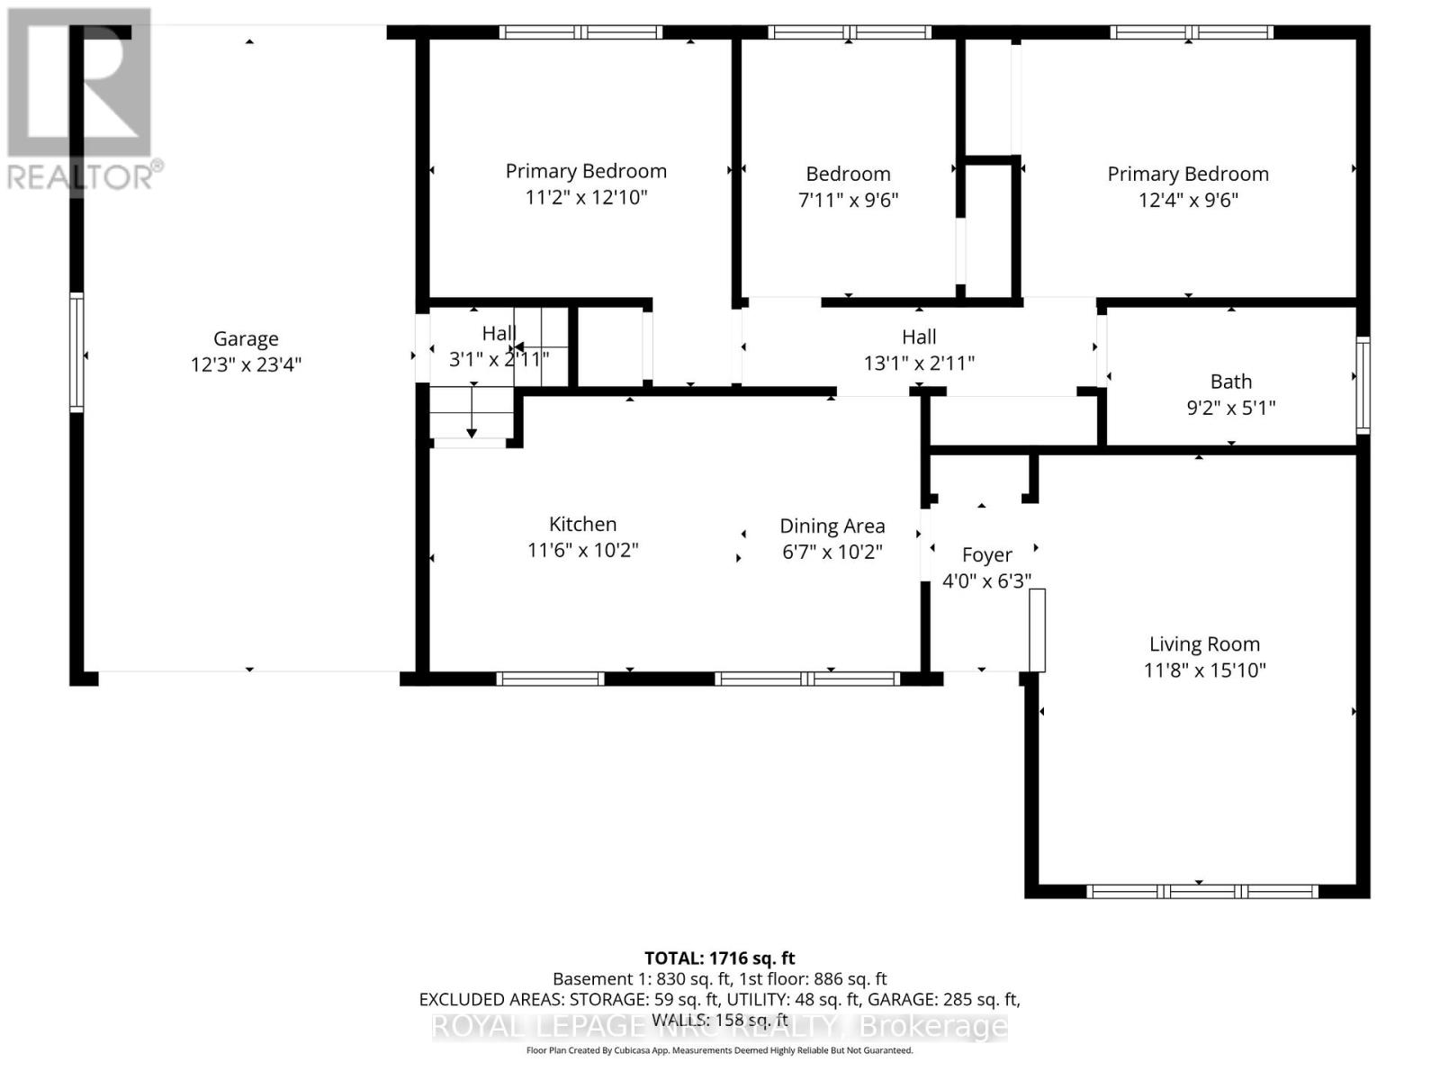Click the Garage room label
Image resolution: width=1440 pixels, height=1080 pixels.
(246, 338)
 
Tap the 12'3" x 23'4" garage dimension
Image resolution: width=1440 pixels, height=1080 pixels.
(246, 364)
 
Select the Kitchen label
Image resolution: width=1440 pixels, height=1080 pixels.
(582, 524)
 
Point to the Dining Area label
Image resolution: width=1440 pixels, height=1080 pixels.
(832, 526)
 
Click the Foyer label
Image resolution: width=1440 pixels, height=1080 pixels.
(986, 554)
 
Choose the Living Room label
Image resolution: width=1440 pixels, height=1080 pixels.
(1204, 643)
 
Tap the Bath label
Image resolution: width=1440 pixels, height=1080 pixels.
(1230, 382)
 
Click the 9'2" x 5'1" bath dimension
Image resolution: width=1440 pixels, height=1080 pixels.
(1230, 408)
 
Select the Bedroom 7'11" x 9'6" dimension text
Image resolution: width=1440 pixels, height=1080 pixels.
(848, 200)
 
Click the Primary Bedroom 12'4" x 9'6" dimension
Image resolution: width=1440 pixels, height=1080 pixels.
(1188, 200)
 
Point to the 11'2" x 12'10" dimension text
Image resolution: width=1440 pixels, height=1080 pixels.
(586, 197)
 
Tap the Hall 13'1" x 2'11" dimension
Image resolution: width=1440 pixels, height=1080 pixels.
(919, 363)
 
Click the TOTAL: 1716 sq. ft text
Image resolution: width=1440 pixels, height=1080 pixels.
(719, 958)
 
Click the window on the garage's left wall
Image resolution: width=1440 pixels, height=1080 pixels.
(77, 353)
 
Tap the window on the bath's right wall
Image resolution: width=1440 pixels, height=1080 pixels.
(1363, 385)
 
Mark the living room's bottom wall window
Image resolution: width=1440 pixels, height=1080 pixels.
(1201, 892)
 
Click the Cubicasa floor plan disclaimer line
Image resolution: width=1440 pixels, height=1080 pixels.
(719, 1050)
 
